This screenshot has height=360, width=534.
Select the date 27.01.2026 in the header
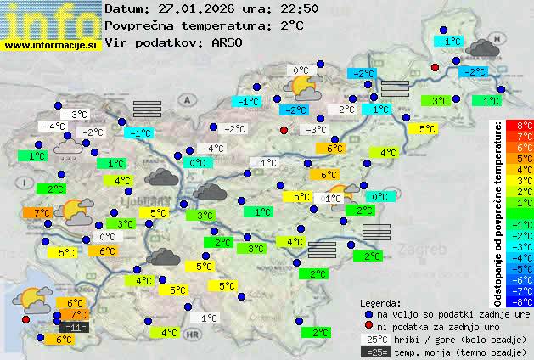[195, 8]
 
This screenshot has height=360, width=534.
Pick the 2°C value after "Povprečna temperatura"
[291, 25]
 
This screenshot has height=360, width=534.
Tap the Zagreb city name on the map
[416, 251]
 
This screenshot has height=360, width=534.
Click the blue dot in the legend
[368, 313]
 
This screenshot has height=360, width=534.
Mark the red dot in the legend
[368, 326]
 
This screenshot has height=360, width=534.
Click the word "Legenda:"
[381, 302]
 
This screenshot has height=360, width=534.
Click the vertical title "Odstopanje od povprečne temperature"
[498, 212]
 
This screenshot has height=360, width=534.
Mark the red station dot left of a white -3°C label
[284, 130]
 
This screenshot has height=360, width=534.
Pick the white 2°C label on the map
[346, 110]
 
